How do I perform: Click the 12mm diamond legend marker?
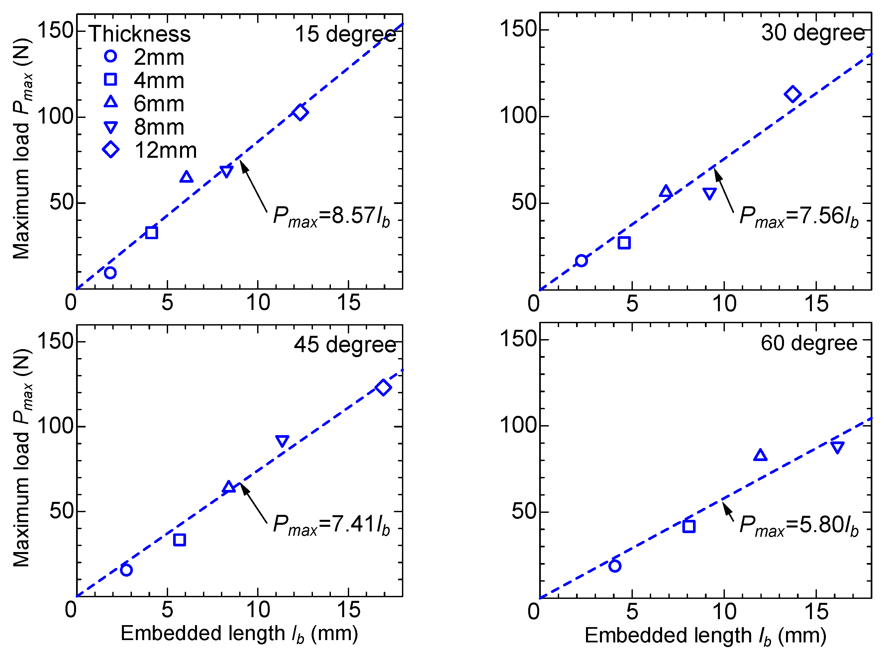click(111, 150)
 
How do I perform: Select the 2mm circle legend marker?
click(111, 56)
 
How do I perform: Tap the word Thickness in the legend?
click(140, 34)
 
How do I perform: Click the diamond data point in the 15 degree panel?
click(300, 112)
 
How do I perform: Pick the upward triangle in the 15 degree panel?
click(186, 177)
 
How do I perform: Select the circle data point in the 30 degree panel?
click(581, 261)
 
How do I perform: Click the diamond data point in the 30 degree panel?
click(793, 94)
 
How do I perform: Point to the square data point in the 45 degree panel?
click(179, 540)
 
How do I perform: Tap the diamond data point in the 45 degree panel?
click(383, 387)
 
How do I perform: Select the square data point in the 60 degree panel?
click(689, 526)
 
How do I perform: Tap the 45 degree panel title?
click(345, 345)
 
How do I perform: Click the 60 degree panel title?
click(809, 343)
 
